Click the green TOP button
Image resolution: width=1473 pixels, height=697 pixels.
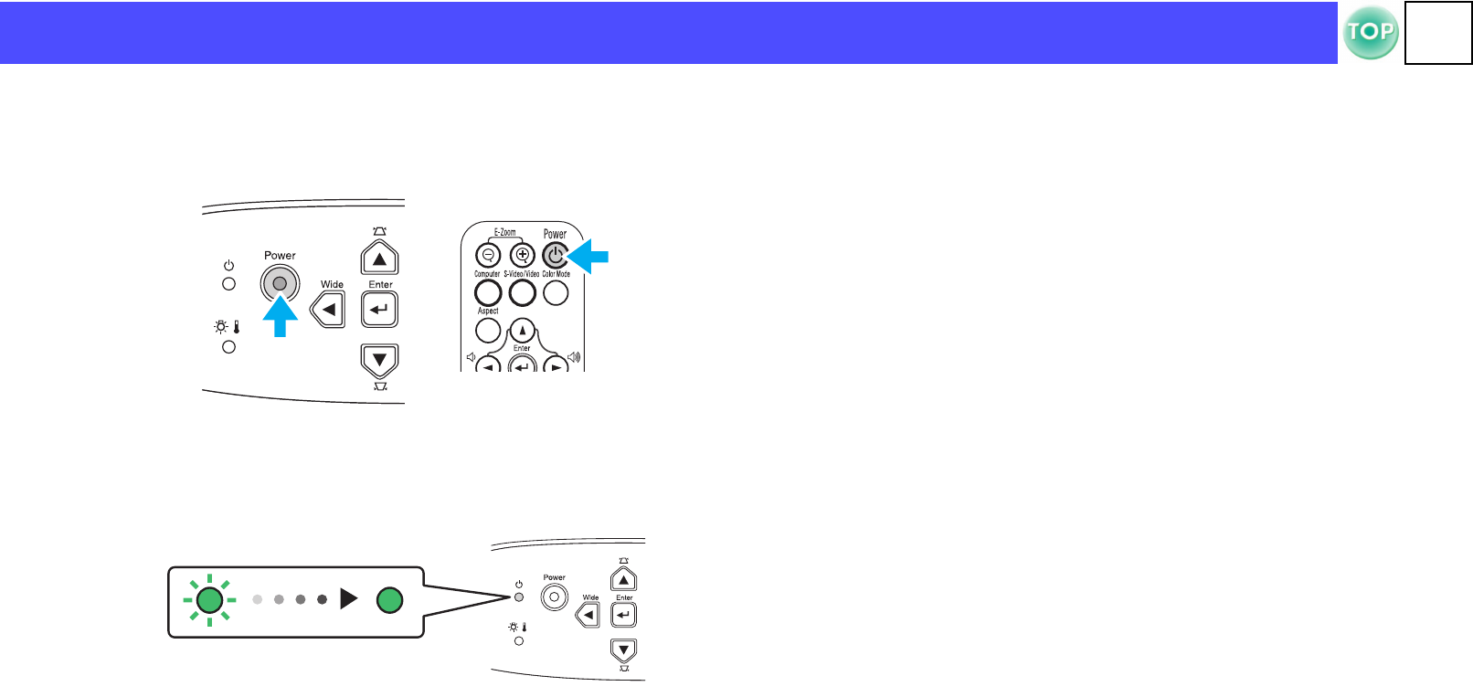[x=1370, y=33]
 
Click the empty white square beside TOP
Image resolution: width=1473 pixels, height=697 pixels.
[x=1437, y=33]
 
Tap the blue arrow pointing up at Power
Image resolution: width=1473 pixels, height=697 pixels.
[x=281, y=318]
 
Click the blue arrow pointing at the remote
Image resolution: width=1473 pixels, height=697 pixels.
[x=588, y=256]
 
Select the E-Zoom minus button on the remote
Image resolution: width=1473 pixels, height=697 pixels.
[x=488, y=256]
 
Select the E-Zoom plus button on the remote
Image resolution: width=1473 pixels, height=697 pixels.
[x=522, y=256]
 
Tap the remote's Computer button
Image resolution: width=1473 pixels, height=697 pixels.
[x=488, y=292]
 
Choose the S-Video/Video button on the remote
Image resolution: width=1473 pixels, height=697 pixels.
[x=522, y=292]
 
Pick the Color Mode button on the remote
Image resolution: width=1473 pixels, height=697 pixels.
[x=556, y=292]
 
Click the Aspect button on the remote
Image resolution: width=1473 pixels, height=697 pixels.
[x=488, y=330]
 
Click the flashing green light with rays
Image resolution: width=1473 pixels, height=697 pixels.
[x=210, y=600]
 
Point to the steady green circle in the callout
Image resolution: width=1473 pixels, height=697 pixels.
[x=390, y=600]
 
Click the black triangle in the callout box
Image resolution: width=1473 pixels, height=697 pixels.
[x=348, y=599]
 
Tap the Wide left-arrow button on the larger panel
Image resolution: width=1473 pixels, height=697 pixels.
[x=329, y=310]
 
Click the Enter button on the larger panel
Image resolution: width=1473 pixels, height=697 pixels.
[x=379, y=310]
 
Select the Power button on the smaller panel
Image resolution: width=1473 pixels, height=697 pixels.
[x=554, y=597]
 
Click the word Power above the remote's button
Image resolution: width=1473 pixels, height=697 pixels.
[x=555, y=234]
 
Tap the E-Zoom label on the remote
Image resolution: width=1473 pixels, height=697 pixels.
[x=505, y=232]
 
